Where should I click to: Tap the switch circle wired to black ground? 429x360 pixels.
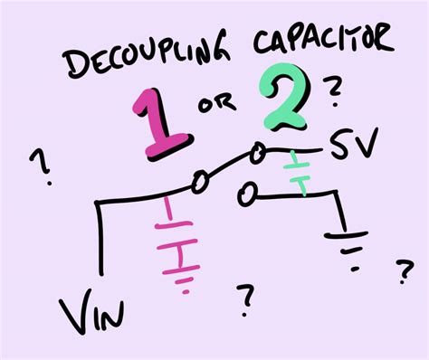coord(244,193)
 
